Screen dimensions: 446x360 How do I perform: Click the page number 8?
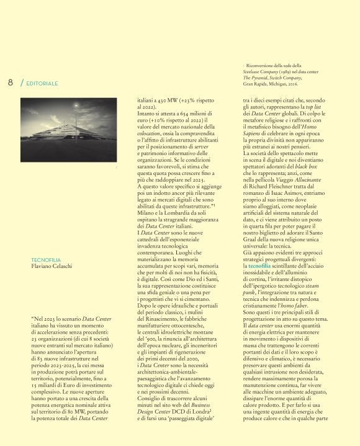pyautogui.click(x=11, y=83)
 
